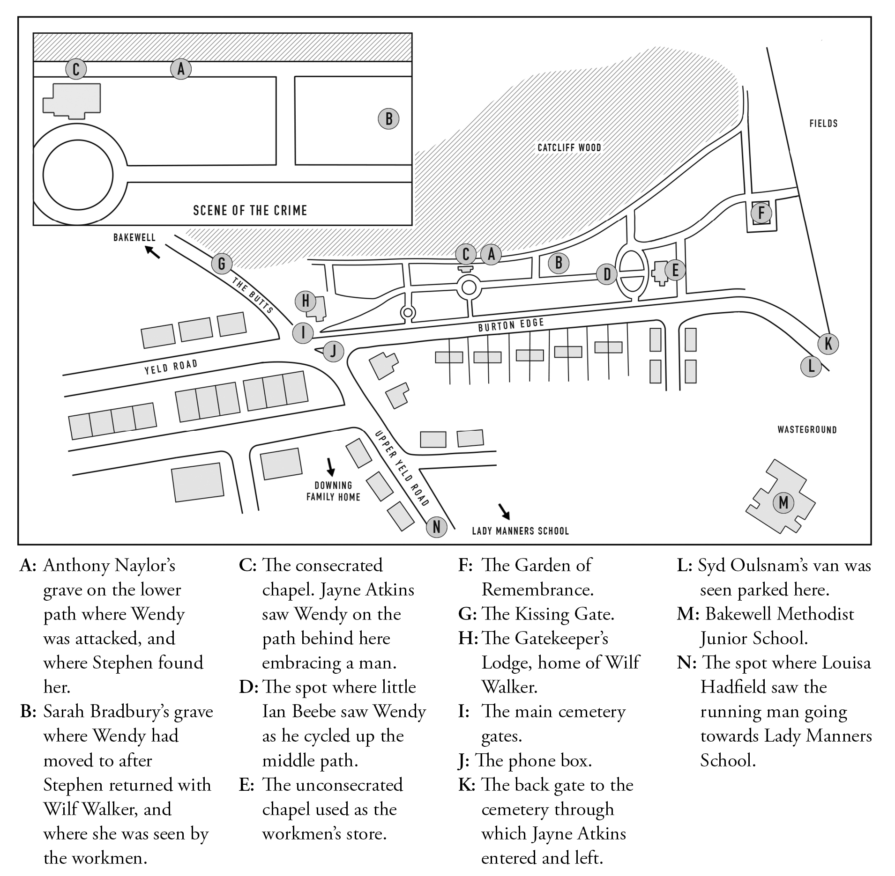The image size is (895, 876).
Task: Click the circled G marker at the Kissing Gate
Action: pos(222,264)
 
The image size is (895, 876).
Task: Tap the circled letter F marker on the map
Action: pos(761,213)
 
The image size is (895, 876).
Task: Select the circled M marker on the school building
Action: pos(783,503)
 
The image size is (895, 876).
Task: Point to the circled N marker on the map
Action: pos(436,527)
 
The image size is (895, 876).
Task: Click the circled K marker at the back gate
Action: pos(828,344)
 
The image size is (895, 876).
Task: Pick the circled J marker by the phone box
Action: pos(333,351)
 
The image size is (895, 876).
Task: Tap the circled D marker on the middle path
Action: pos(607,274)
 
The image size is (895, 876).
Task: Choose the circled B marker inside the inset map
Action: pos(388,119)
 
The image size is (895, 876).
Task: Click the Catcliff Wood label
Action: pos(569,148)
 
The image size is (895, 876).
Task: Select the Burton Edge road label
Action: pos(511,325)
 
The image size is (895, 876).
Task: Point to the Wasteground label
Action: pos(807,430)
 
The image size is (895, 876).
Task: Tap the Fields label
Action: pos(823,124)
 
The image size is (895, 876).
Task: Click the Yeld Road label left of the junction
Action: pos(171,367)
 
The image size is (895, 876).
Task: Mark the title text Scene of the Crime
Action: pos(250,210)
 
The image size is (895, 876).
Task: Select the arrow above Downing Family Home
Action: pos(331,466)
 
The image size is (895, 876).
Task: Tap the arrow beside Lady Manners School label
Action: pos(505,512)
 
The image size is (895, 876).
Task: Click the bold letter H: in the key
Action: pos(468,638)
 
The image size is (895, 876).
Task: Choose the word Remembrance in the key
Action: pos(537,590)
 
